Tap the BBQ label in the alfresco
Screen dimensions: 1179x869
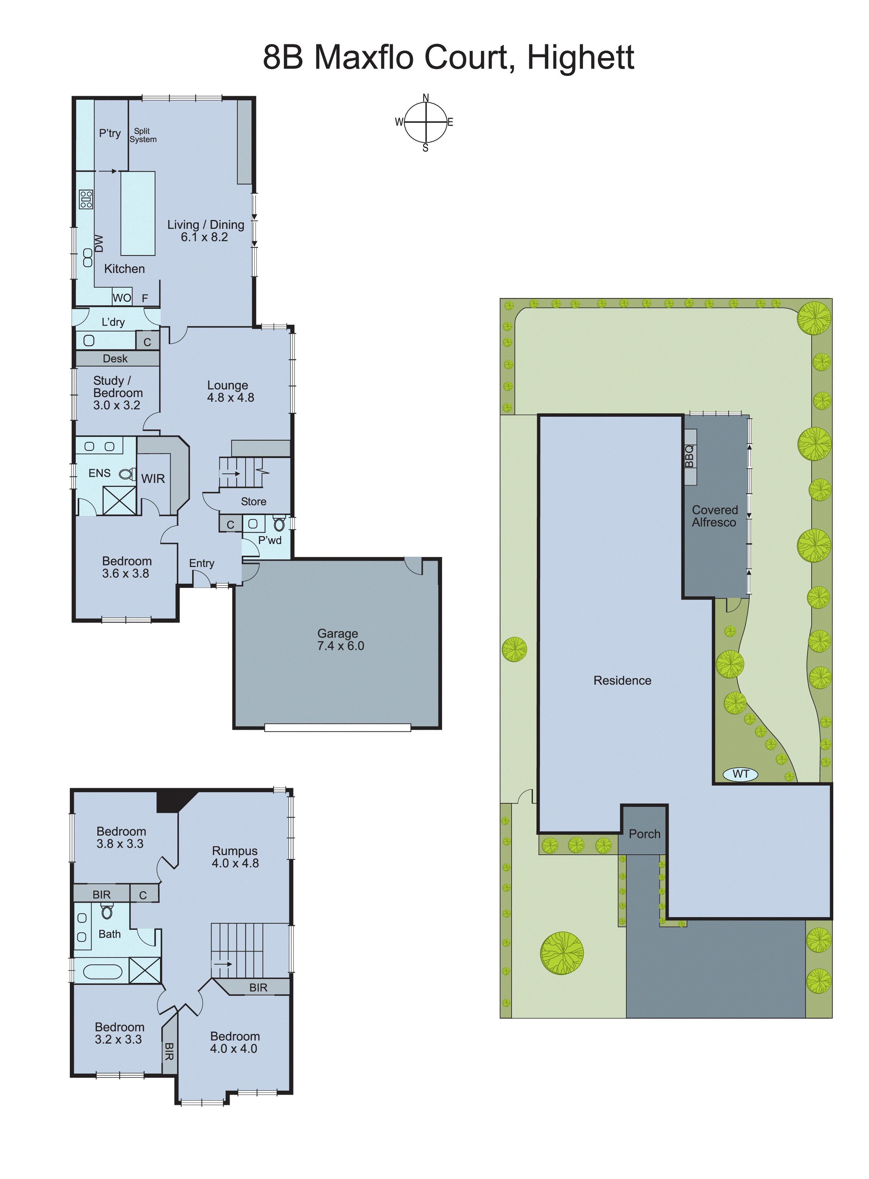tap(690, 456)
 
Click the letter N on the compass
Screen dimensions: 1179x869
tap(426, 98)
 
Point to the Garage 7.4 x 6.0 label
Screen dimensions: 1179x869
tap(340, 639)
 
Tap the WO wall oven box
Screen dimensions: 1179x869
tap(122, 298)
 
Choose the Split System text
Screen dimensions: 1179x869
tap(143, 135)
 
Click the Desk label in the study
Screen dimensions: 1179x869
tap(115, 359)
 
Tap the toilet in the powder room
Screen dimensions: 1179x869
tap(279, 524)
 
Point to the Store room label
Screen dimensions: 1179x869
tap(253, 502)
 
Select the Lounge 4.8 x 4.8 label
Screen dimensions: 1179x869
tap(231, 391)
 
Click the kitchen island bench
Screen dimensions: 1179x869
tap(138, 213)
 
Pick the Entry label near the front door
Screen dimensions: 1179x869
tap(201, 563)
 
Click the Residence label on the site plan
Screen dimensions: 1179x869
tap(622, 680)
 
